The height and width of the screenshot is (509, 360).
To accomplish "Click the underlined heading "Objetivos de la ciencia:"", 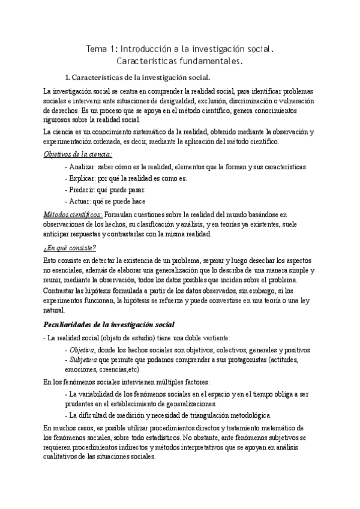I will point(77,154).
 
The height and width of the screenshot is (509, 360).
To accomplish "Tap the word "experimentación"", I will point(70,142).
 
